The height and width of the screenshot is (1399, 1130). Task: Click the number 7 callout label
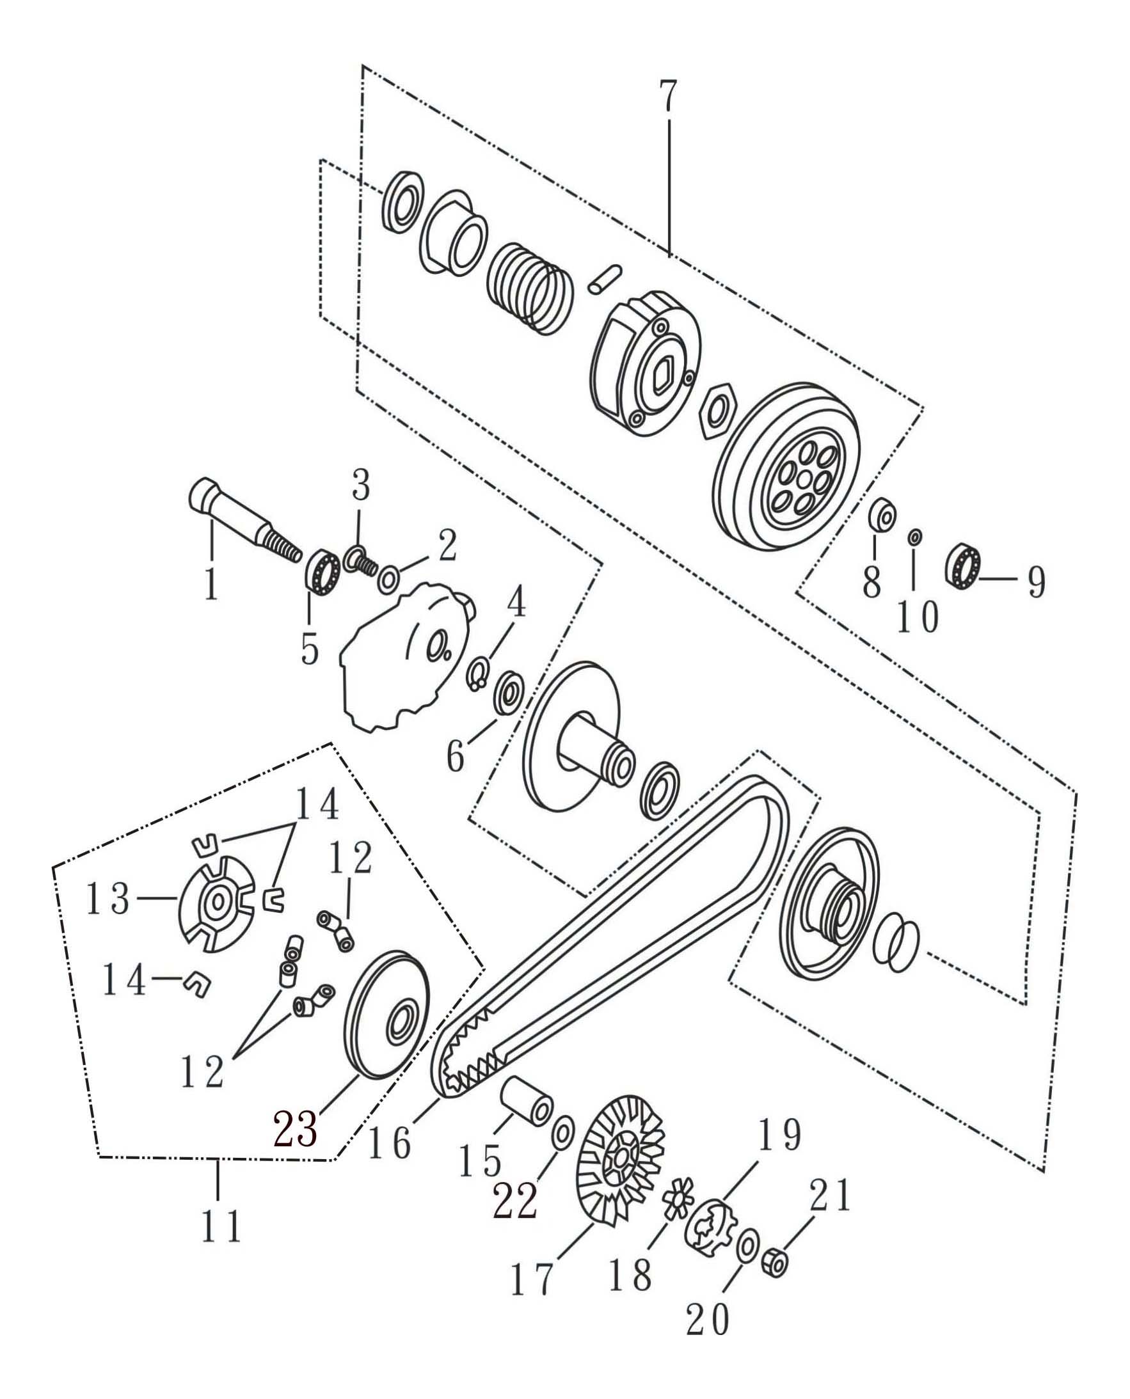tap(668, 97)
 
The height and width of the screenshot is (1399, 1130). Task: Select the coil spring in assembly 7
tap(530, 289)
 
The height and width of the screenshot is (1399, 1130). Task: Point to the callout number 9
tap(1037, 582)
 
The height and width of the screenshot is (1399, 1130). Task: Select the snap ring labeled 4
tap(479, 675)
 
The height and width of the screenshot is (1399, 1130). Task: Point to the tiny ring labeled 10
tap(914, 537)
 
